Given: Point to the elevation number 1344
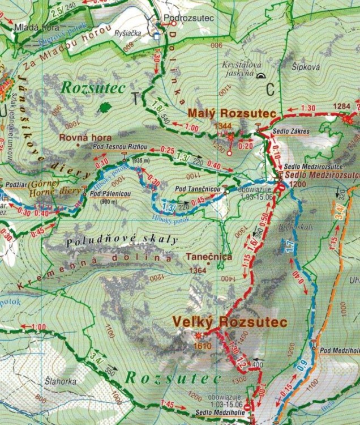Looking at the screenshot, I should point(223,125).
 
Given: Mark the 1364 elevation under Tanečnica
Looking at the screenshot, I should point(198,270).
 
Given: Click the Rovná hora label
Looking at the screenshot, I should point(85,137).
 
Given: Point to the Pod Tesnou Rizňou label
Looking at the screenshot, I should point(119,146).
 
